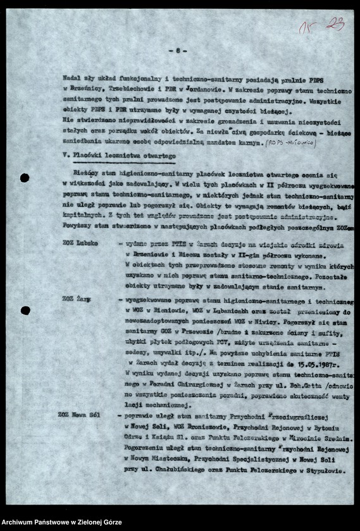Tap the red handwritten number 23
(x=334, y=25)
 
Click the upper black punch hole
(x=25, y=178)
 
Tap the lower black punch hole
(x=25, y=310)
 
